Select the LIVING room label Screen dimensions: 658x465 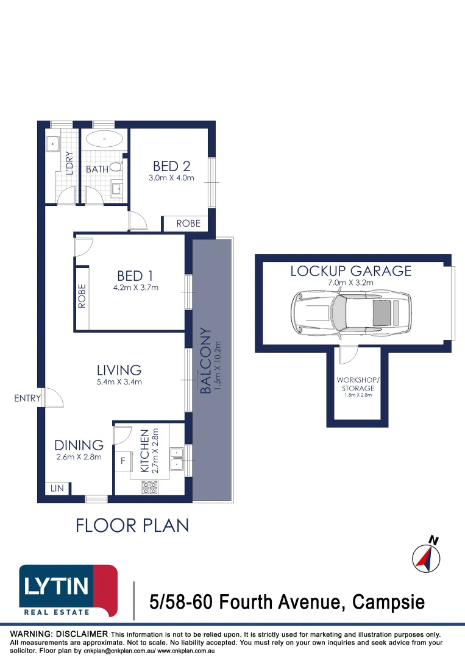(119, 370)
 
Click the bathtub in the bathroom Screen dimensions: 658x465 (104, 140)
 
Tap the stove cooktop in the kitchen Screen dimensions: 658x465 (149, 487)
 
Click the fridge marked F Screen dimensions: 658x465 (124, 461)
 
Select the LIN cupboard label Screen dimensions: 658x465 (57, 489)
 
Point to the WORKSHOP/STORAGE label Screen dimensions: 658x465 (358, 384)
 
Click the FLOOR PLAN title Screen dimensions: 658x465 (132, 525)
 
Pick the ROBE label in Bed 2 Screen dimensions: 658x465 (188, 224)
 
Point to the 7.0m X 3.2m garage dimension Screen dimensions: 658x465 (351, 283)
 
